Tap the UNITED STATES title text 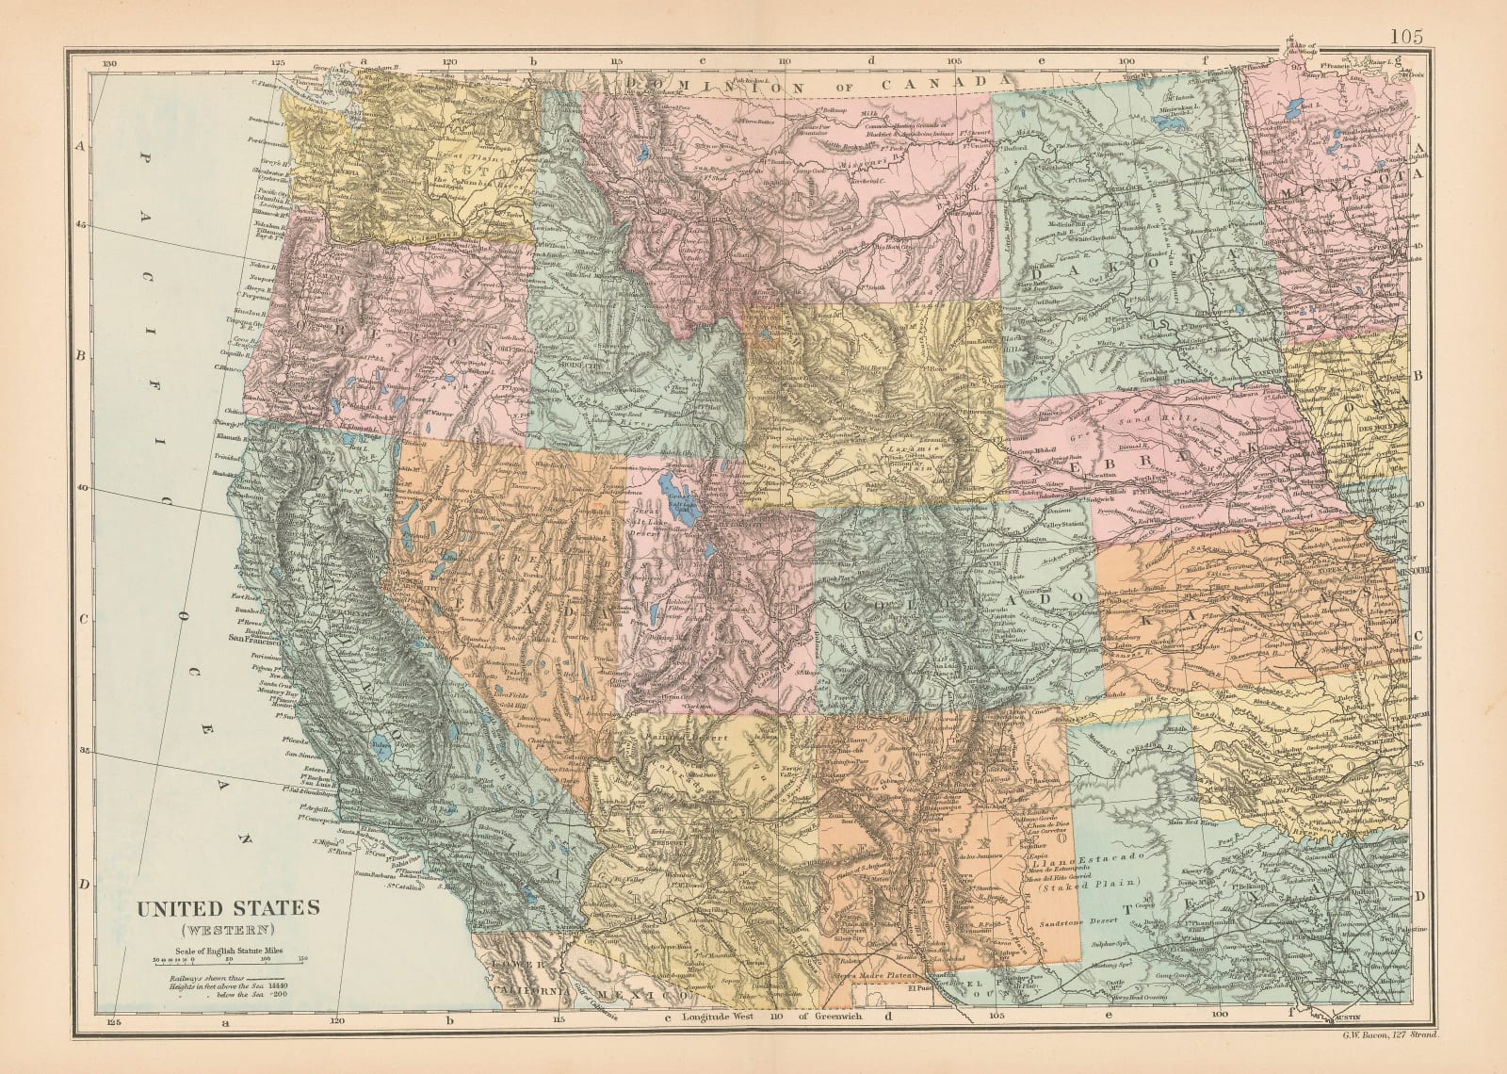[x=229, y=908]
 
